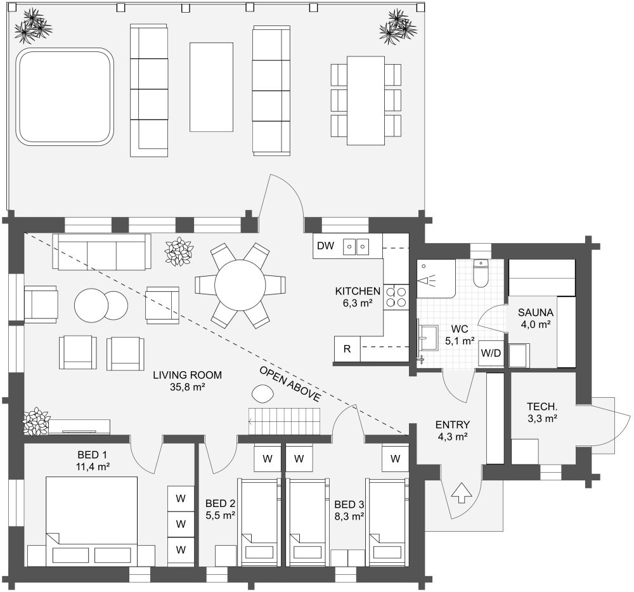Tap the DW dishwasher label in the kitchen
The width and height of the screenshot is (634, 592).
tap(325, 246)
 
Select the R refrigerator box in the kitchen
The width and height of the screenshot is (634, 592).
tap(347, 348)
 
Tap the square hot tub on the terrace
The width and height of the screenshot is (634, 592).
tap(64, 97)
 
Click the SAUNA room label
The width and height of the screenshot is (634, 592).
tap(536, 312)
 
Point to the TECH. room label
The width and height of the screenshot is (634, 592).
tap(542, 407)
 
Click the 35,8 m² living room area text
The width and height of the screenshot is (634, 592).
tap(182, 386)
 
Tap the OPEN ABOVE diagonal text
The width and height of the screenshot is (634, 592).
tap(288, 385)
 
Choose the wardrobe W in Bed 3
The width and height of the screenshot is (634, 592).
tap(396, 458)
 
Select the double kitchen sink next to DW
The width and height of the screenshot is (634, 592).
tap(356, 246)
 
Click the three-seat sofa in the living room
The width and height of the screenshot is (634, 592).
tap(101, 252)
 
